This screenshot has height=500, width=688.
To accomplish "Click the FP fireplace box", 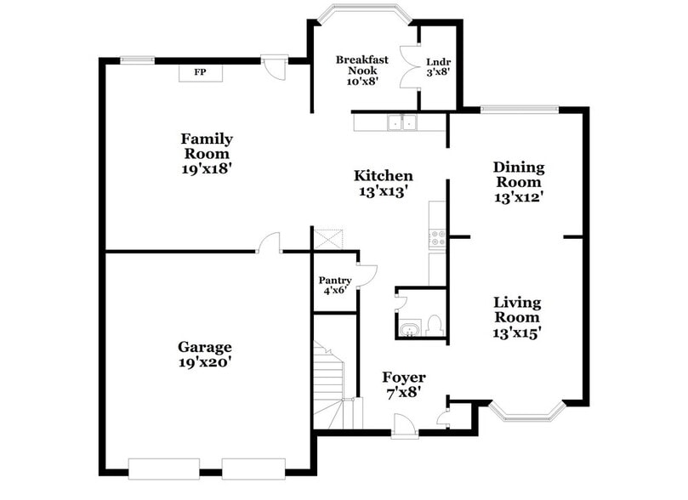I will (x=201, y=73).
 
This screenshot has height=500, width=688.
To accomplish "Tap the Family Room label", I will (x=207, y=146).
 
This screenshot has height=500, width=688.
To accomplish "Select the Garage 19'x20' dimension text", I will (x=204, y=361).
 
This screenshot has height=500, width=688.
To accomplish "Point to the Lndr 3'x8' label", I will (x=437, y=65).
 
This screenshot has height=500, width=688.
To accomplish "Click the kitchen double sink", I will (x=401, y=123).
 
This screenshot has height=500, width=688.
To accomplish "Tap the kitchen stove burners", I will (x=438, y=238).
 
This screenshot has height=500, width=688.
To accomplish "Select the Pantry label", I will (x=334, y=280).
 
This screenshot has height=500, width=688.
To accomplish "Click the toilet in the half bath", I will (x=433, y=323).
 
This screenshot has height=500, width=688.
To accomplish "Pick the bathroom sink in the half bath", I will (x=409, y=328).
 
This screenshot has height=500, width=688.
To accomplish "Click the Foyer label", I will (x=403, y=378).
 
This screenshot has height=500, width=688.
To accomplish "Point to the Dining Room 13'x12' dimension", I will (x=519, y=196).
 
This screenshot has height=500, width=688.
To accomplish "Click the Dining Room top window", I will (x=519, y=109).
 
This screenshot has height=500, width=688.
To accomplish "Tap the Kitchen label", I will (x=384, y=176).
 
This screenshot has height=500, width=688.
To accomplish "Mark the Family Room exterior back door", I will (x=273, y=66).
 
